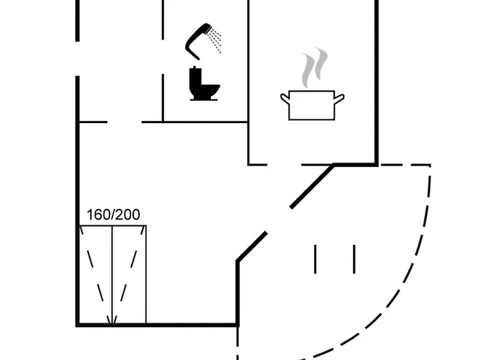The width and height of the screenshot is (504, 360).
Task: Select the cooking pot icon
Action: tap(312, 105)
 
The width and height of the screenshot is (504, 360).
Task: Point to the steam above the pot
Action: tap(315, 68)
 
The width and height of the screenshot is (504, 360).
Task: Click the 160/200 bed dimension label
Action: tap(114, 215)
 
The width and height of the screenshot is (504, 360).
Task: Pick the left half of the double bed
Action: tap(96, 275)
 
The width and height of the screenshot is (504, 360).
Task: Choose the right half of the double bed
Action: tap(129, 275)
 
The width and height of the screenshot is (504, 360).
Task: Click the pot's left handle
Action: tap(285, 98)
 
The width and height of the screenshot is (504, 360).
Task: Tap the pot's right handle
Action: tap(339, 98)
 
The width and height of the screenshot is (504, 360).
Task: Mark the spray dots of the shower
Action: tap(215, 40)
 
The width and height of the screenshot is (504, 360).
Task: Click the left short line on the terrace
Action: tap(315, 259)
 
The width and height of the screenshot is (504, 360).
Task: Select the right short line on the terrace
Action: tap(354, 259)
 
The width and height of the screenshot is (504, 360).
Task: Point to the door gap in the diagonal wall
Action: tap(279, 220)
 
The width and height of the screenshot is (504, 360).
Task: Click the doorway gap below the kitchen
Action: tap(284, 165)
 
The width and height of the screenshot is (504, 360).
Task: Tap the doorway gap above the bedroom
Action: tap(125, 122)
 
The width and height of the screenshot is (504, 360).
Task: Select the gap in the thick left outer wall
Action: tap(78, 59)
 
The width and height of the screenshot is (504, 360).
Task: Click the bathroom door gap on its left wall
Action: tap(163, 57)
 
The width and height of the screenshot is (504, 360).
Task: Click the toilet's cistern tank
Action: tap(196, 77)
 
